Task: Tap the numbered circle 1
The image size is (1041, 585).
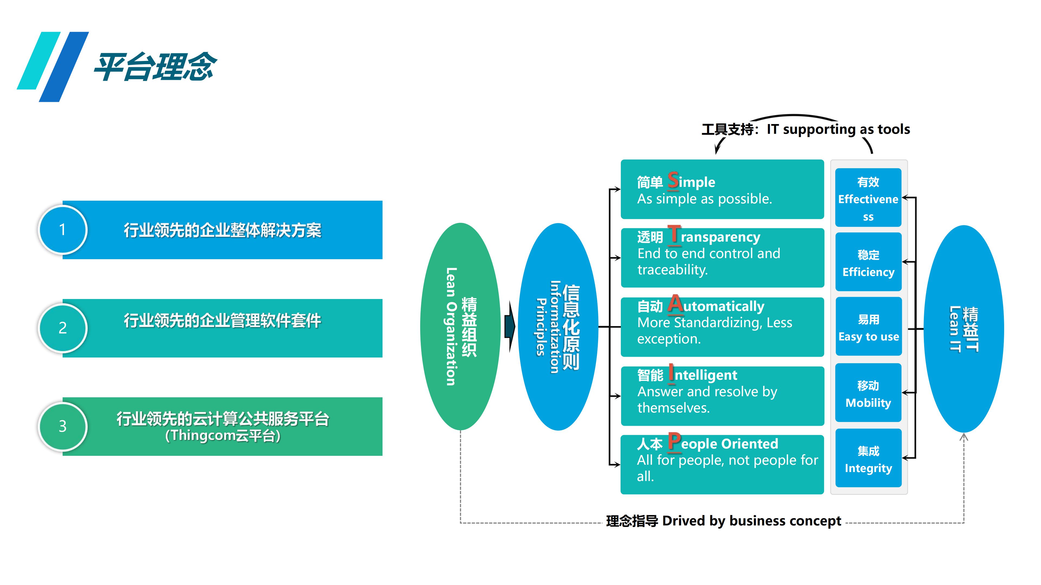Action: point(63,230)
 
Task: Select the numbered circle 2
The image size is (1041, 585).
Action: point(63,328)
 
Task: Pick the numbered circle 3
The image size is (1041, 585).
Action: point(63,426)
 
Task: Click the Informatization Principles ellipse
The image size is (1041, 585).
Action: point(558,326)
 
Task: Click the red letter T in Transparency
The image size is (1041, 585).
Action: point(674,235)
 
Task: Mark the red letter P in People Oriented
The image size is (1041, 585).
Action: point(674,442)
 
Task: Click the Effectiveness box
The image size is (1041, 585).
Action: point(868,198)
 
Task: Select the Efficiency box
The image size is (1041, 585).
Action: point(868,262)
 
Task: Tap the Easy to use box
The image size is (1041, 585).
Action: point(868,327)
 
